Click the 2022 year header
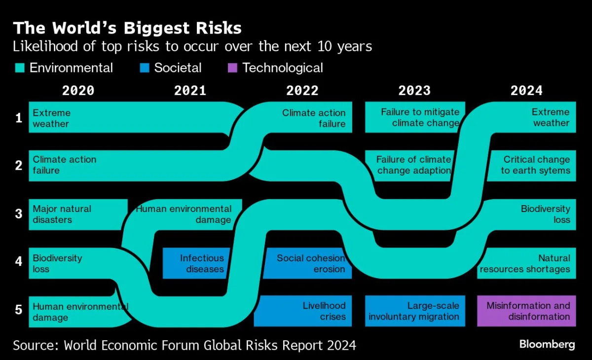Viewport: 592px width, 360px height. pos(302,91)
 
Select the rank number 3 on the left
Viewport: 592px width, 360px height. pos(19,214)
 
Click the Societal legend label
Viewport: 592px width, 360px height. pos(178,68)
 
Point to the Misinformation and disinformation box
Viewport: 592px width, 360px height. pos(526,311)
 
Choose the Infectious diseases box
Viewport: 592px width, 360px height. pos(202,263)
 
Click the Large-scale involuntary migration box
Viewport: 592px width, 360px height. pos(414,311)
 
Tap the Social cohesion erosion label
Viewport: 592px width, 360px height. pos(311,263)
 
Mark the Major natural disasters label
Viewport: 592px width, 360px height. pos(62,214)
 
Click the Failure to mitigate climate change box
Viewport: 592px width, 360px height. pos(414,117)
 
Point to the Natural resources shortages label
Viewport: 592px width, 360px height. pos(525,263)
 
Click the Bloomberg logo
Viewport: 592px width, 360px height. pos(547,344)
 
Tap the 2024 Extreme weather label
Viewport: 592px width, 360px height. pos(551,117)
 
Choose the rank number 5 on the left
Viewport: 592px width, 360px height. pos(19,310)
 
